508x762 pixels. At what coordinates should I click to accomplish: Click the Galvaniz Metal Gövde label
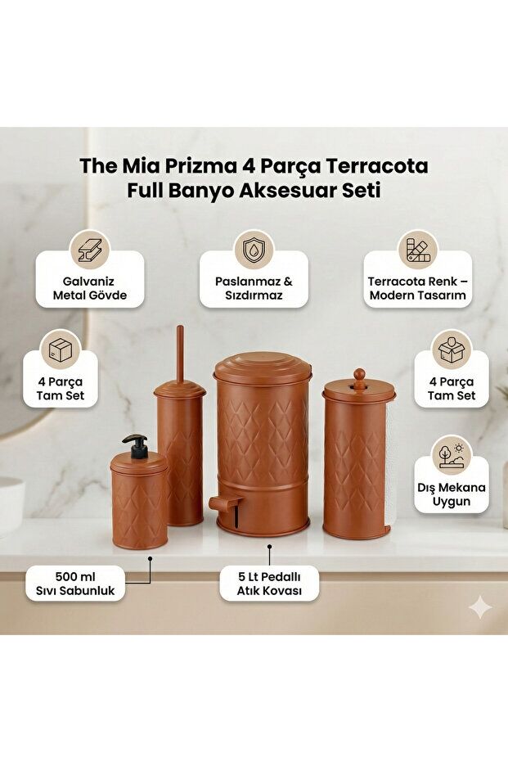90,287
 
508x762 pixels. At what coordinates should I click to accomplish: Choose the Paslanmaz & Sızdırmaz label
254,287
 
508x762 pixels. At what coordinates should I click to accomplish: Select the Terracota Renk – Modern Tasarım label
417,287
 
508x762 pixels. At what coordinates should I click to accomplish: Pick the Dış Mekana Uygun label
451,494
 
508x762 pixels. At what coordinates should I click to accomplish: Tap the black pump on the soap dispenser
136,445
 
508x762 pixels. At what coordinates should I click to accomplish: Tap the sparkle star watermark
480,606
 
